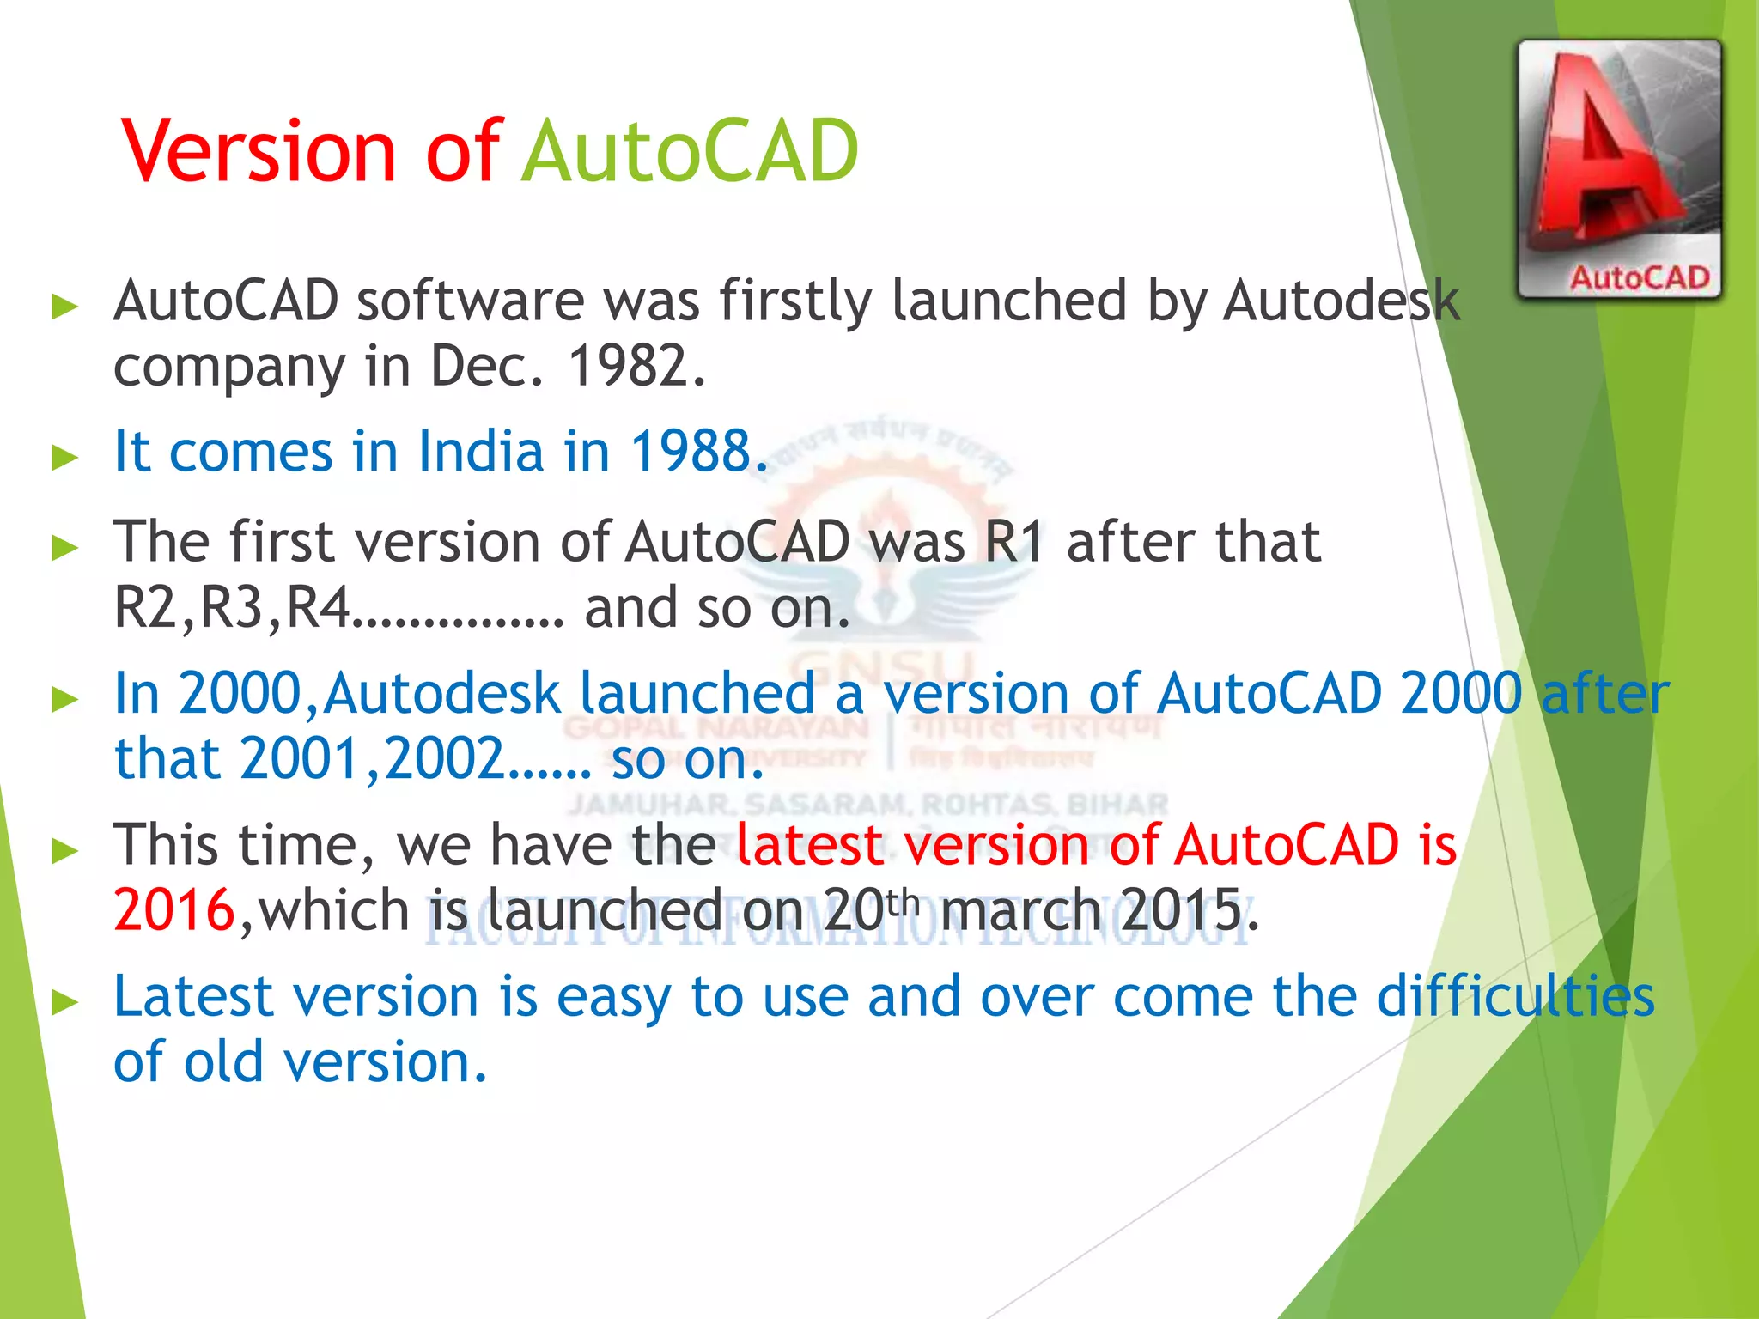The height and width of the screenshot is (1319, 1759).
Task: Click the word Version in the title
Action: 259,151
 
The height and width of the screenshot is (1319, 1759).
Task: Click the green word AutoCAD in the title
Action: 690,151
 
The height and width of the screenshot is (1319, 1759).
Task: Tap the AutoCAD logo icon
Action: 1619,169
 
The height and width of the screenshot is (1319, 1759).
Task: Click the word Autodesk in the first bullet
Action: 1340,301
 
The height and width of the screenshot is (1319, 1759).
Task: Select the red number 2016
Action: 174,910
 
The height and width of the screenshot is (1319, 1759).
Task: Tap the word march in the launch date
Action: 1020,910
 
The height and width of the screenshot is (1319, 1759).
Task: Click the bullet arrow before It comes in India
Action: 65,456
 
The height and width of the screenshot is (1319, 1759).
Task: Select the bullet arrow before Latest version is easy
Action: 65,1001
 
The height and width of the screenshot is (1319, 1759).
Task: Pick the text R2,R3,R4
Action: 232,608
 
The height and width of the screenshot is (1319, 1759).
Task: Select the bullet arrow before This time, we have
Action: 65,849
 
